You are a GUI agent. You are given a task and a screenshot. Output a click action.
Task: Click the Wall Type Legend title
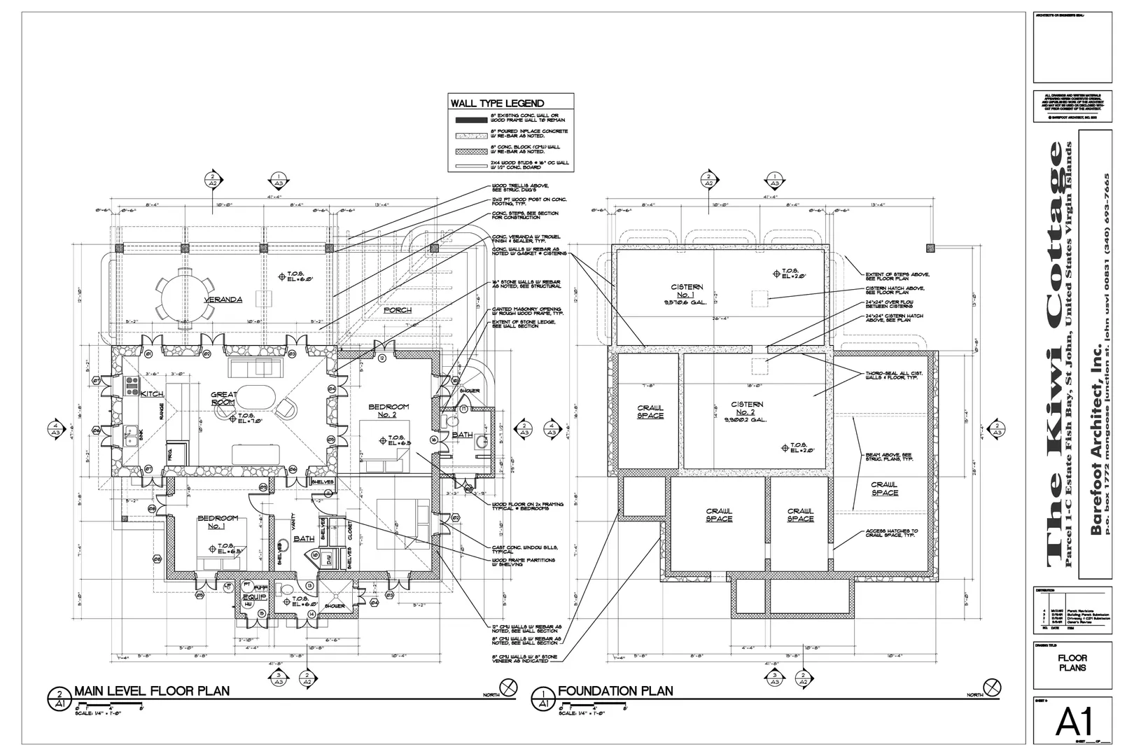point(497,103)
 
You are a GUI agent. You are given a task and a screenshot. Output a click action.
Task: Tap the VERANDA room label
point(223,300)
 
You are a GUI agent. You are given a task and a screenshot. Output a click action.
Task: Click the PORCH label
point(398,309)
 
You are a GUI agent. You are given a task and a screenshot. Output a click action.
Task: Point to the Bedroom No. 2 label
point(388,411)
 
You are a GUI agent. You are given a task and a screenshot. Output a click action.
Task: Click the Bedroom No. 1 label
point(218,522)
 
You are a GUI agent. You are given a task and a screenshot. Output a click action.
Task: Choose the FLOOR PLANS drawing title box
point(1072,663)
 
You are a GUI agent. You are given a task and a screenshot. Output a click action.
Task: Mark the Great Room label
point(223,399)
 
